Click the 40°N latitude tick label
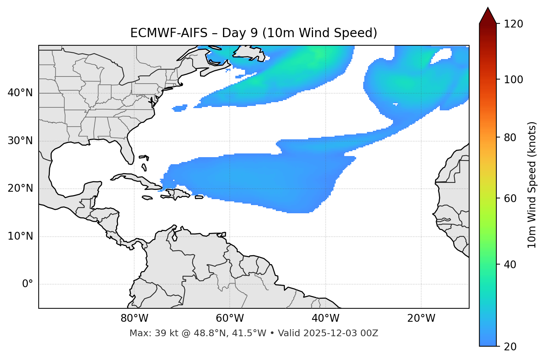point(20,93)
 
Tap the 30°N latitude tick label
point(20,141)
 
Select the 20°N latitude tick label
point(20,189)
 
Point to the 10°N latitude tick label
point(20,237)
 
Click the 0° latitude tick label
point(28,284)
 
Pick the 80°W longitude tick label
point(134,318)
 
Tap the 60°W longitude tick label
point(230,318)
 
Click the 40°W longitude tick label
point(325,318)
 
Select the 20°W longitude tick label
point(421,318)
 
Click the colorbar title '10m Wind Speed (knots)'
point(532,185)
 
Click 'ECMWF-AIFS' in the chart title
point(168,33)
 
